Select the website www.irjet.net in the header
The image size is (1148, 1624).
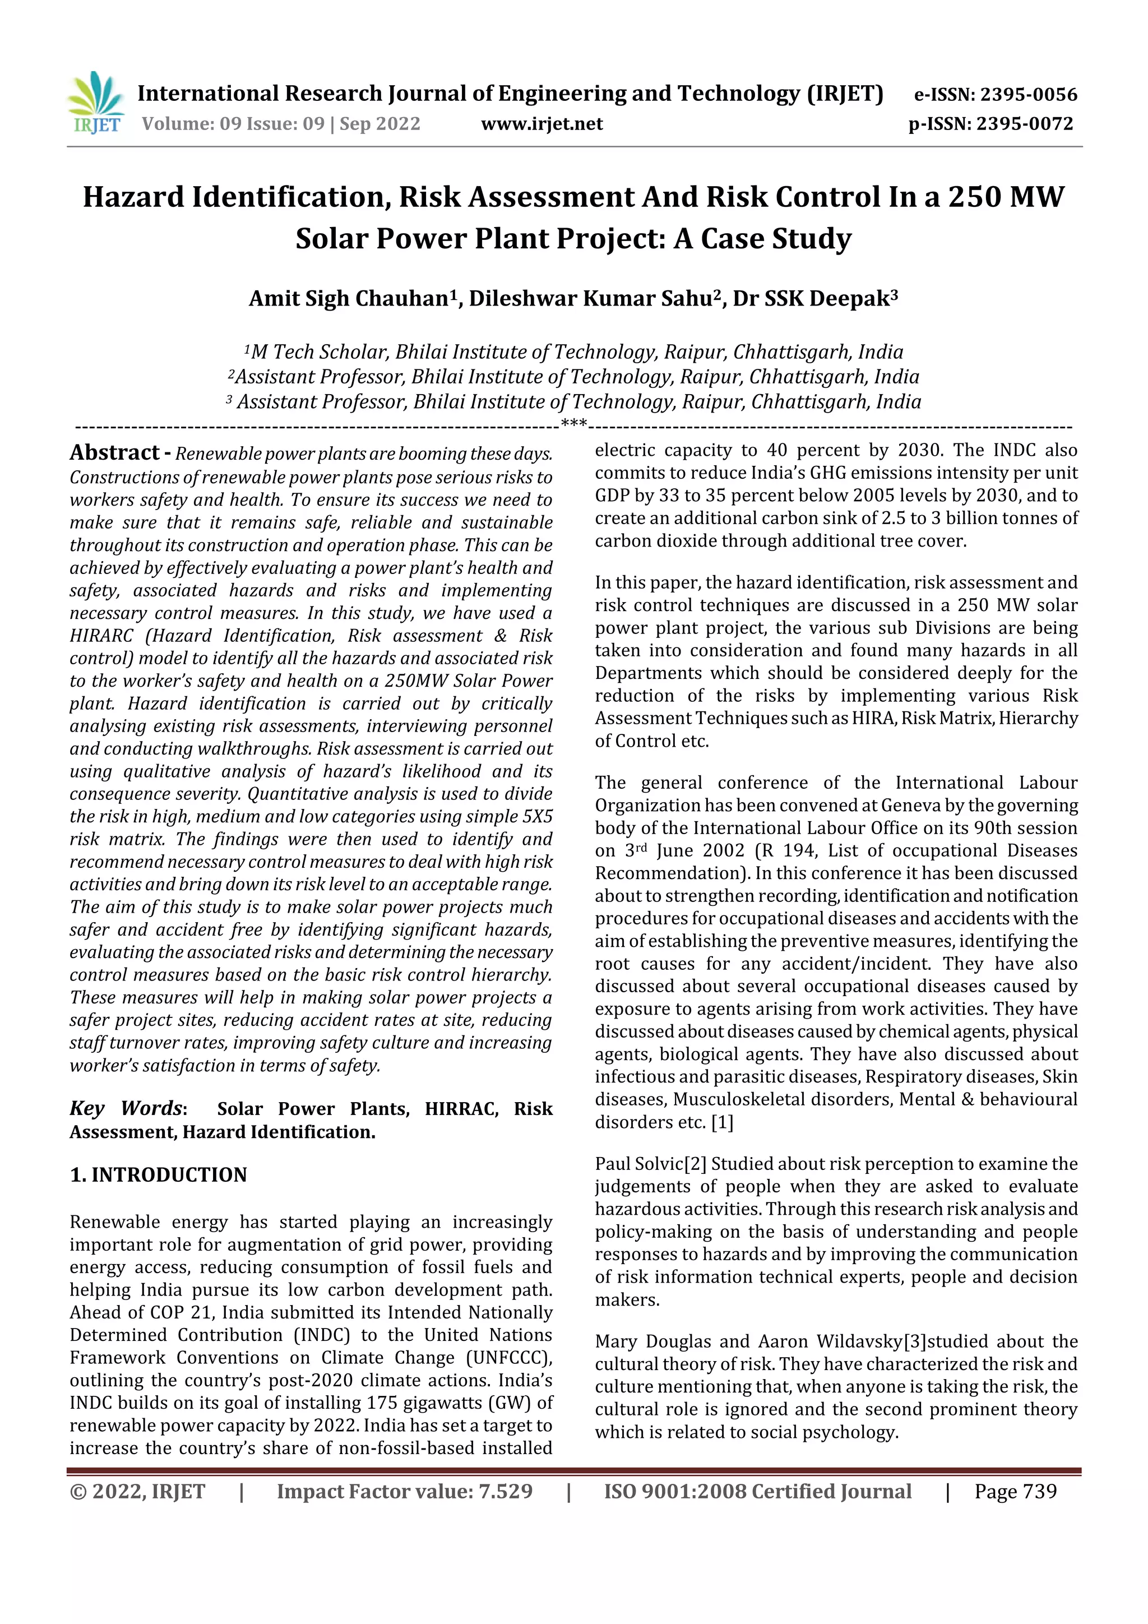pyautogui.click(x=542, y=124)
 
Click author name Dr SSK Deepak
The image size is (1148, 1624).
pyautogui.click(x=813, y=298)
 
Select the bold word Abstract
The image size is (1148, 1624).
pyautogui.click(x=114, y=453)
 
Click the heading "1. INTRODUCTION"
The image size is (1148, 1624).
pyautogui.click(x=159, y=1175)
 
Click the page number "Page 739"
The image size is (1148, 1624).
pyautogui.click(x=1015, y=1491)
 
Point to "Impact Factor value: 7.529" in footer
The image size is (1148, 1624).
pyautogui.click(x=405, y=1491)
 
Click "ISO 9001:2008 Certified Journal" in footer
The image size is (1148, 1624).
pyautogui.click(x=757, y=1491)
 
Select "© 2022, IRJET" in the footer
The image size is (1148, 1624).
pyautogui.click(x=137, y=1491)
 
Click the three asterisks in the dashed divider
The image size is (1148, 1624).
pyautogui.click(x=573, y=425)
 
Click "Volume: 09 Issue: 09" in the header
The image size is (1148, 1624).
pyautogui.click(x=233, y=124)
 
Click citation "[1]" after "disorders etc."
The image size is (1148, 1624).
pyautogui.click(x=722, y=1122)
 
